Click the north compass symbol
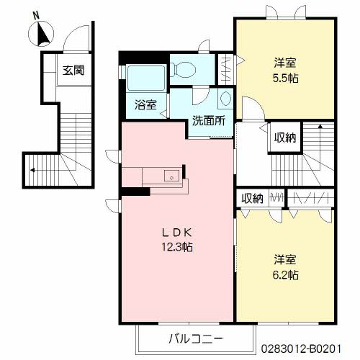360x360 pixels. [x=41, y=34]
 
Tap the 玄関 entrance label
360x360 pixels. [x=73, y=71]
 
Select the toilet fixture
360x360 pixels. [x=184, y=70]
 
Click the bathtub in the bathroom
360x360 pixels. [x=146, y=78]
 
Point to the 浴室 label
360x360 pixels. [x=145, y=104]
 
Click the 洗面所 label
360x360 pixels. [x=209, y=120]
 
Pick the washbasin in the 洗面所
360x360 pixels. [x=225, y=99]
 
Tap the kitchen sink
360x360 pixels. [x=171, y=176]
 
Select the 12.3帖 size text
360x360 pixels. [x=177, y=247]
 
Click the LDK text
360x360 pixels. [x=177, y=232]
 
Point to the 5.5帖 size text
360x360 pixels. [x=286, y=78]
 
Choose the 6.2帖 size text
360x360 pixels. [x=286, y=275]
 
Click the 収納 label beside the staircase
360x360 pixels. [x=285, y=138]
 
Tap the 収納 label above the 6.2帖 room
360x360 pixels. [x=252, y=199]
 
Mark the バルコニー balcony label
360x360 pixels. [x=196, y=339]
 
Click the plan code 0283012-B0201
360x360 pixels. [x=301, y=348]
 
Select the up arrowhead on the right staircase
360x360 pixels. [x=320, y=126]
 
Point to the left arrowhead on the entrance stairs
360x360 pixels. [x=32, y=170]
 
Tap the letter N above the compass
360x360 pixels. [x=36, y=16]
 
